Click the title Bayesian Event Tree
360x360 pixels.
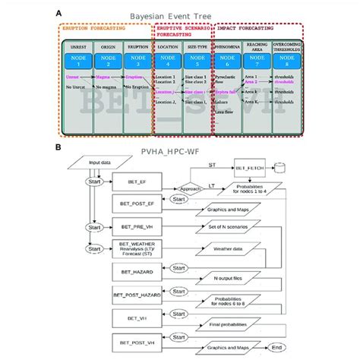click(x=182, y=13)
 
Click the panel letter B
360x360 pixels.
click(x=59, y=151)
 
